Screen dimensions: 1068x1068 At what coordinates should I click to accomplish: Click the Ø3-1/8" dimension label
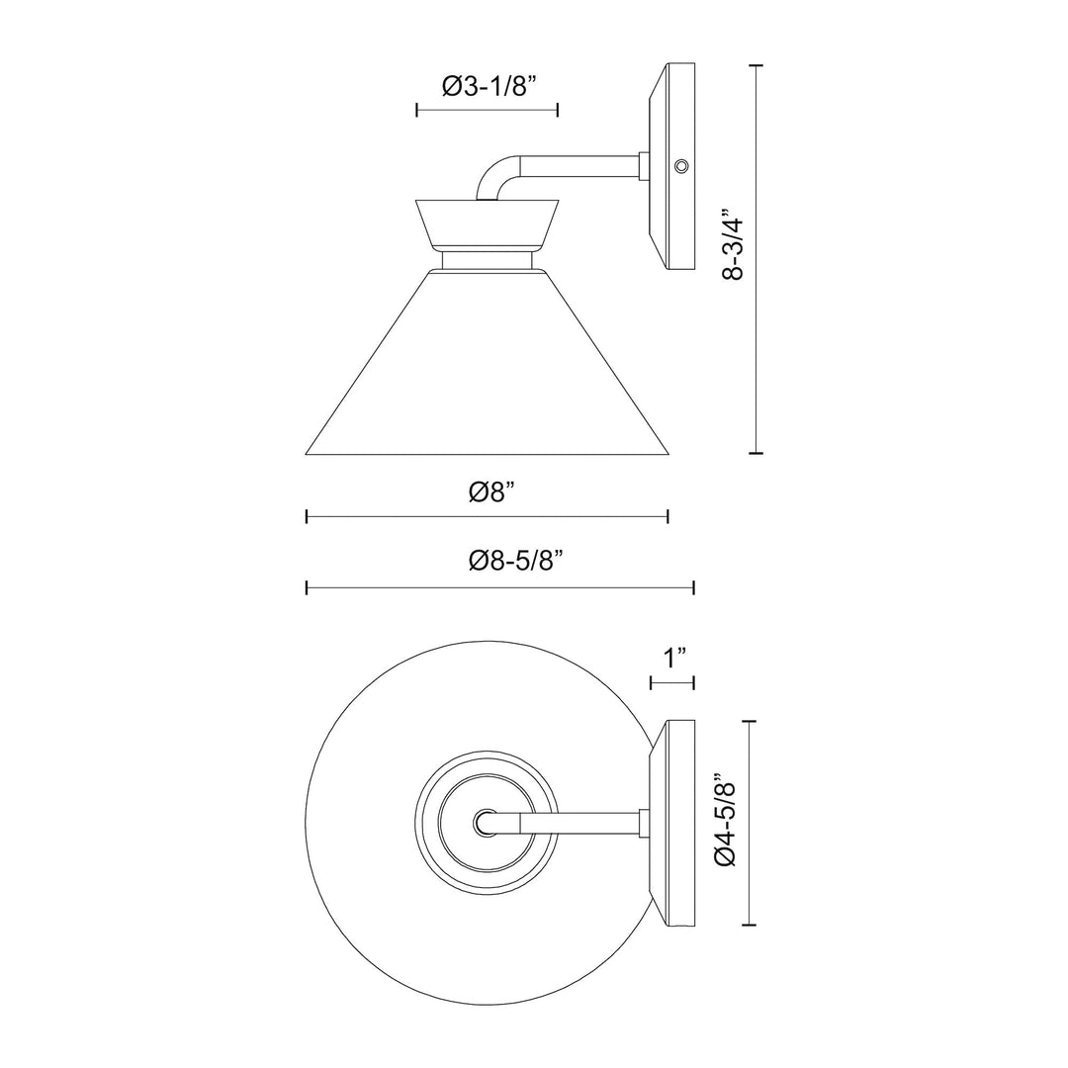[x=488, y=86]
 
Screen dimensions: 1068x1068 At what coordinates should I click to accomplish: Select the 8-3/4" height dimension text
[x=733, y=244]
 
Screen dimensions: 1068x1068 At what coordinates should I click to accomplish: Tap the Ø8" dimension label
[x=488, y=491]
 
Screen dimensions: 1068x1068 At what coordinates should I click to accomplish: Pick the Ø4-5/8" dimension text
[x=728, y=823]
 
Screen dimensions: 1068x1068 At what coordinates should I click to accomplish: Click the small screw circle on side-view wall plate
[x=680, y=166]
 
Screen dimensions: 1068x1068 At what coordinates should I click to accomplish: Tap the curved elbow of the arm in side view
[x=493, y=177]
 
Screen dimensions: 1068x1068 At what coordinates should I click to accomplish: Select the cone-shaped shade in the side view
[x=488, y=376]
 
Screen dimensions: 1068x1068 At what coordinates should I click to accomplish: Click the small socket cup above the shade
[x=488, y=222]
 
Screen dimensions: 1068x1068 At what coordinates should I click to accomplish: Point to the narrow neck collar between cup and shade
[x=488, y=259]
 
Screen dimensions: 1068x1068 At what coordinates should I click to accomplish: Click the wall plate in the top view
[x=674, y=823]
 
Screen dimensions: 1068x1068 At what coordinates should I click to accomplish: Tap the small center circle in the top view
[x=485, y=821]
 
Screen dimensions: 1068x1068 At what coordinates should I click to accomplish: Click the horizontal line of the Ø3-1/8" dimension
[x=488, y=110]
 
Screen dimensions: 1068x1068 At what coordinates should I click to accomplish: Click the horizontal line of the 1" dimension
[x=672, y=682]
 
